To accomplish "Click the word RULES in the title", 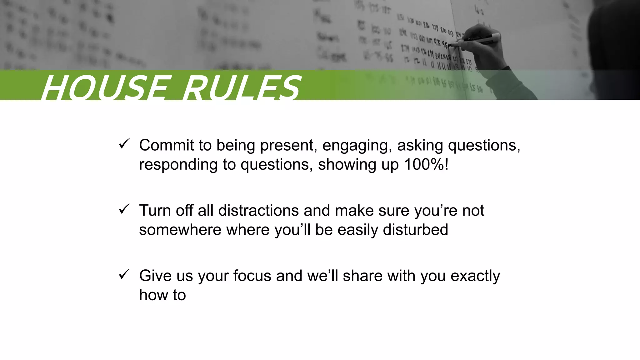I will click(x=241, y=88).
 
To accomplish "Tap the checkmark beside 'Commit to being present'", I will click(x=124, y=144).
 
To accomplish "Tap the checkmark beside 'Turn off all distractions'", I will click(x=124, y=209).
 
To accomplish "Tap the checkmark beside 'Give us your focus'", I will click(x=124, y=274).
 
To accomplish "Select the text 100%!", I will click(x=426, y=164).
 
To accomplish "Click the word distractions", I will click(x=258, y=210).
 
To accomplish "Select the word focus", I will click(x=252, y=276).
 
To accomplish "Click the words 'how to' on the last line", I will click(x=162, y=295).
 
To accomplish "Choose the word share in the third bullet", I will click(x=362, y=276).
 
